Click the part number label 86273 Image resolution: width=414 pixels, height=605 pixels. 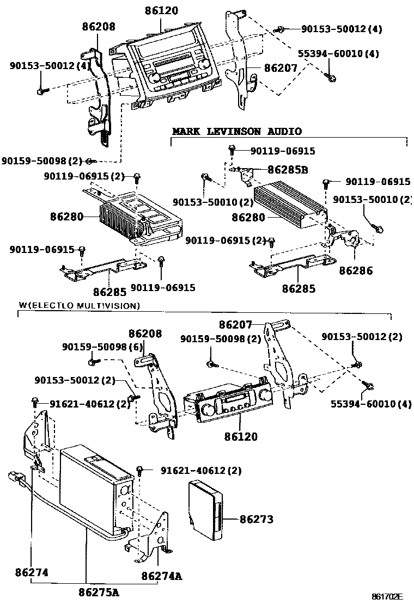(257, 519)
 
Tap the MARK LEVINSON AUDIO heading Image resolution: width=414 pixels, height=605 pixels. (237, 132)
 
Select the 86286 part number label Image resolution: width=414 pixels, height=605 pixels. (356, 270)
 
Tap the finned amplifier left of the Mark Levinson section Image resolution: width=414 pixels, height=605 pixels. (123, 218)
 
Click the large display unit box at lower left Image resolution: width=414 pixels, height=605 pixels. (95, 490)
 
